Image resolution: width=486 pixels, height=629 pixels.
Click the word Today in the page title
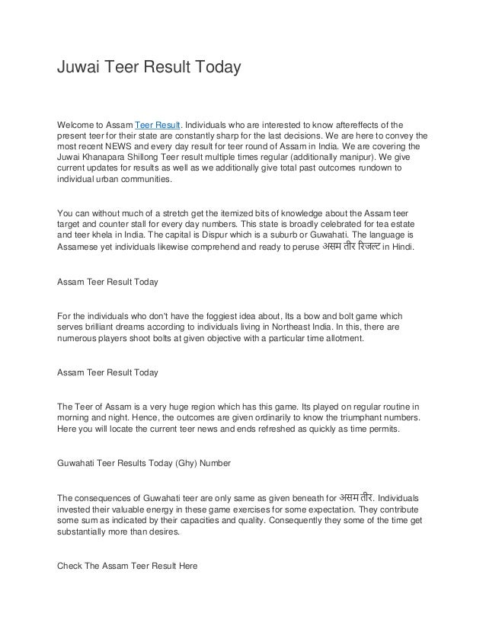[x=215, y=69]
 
